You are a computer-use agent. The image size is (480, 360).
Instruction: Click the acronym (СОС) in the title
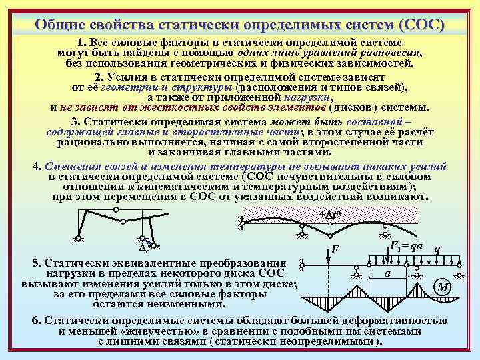pyautogui.click(x=421, y=25)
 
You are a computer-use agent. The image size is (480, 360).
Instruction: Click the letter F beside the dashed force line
pyautogui.click(x=336, y=251)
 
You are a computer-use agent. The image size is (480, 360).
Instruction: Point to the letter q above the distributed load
pyautogui.click(x=437, y=249)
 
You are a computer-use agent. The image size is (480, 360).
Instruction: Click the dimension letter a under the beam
pyautogui.click(x=387, y=274)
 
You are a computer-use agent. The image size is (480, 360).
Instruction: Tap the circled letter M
pyautogui.click(x=442, y=288)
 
